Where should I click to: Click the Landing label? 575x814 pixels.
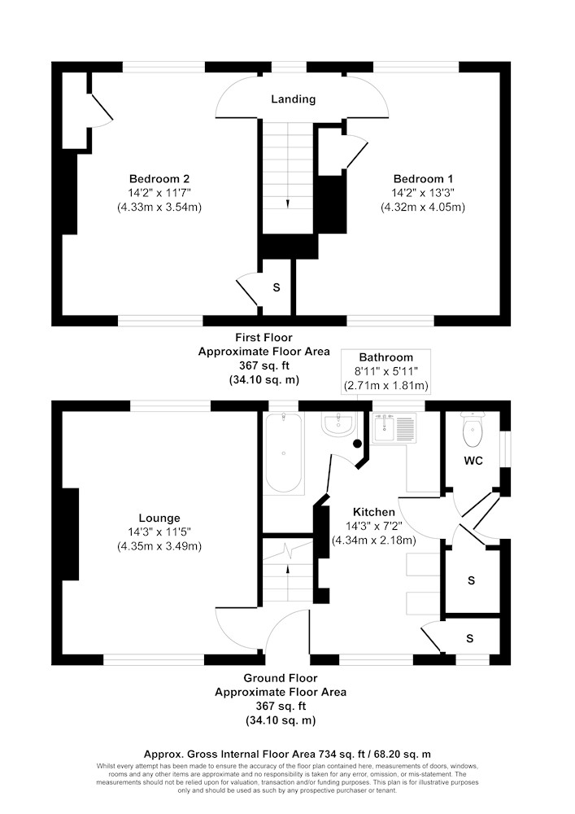pos(293,99)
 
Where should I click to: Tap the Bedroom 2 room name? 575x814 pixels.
pos(159,179)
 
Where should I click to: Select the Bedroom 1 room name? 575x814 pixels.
pos(423,179)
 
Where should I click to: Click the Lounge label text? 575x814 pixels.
pos(159,518)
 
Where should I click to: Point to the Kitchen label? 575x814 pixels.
pos(374,512)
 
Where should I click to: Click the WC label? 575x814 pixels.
pos(473,461)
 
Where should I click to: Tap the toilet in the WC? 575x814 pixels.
pos(473,429)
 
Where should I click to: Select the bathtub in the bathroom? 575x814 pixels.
pos(283,452)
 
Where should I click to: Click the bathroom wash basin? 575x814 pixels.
pos(338,425)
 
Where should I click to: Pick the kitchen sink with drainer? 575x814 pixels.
pos(394,428)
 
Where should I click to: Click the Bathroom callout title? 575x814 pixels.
pos(386,357)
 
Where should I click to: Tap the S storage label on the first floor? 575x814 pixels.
pos(277,287)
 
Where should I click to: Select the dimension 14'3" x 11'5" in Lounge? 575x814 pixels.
pos(159,532)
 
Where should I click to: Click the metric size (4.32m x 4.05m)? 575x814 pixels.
pos(423,207)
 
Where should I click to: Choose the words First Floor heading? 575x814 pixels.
pos(264,338)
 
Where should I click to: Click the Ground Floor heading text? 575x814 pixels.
pos(281,678)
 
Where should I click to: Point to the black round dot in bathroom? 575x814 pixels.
pos(357,444)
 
